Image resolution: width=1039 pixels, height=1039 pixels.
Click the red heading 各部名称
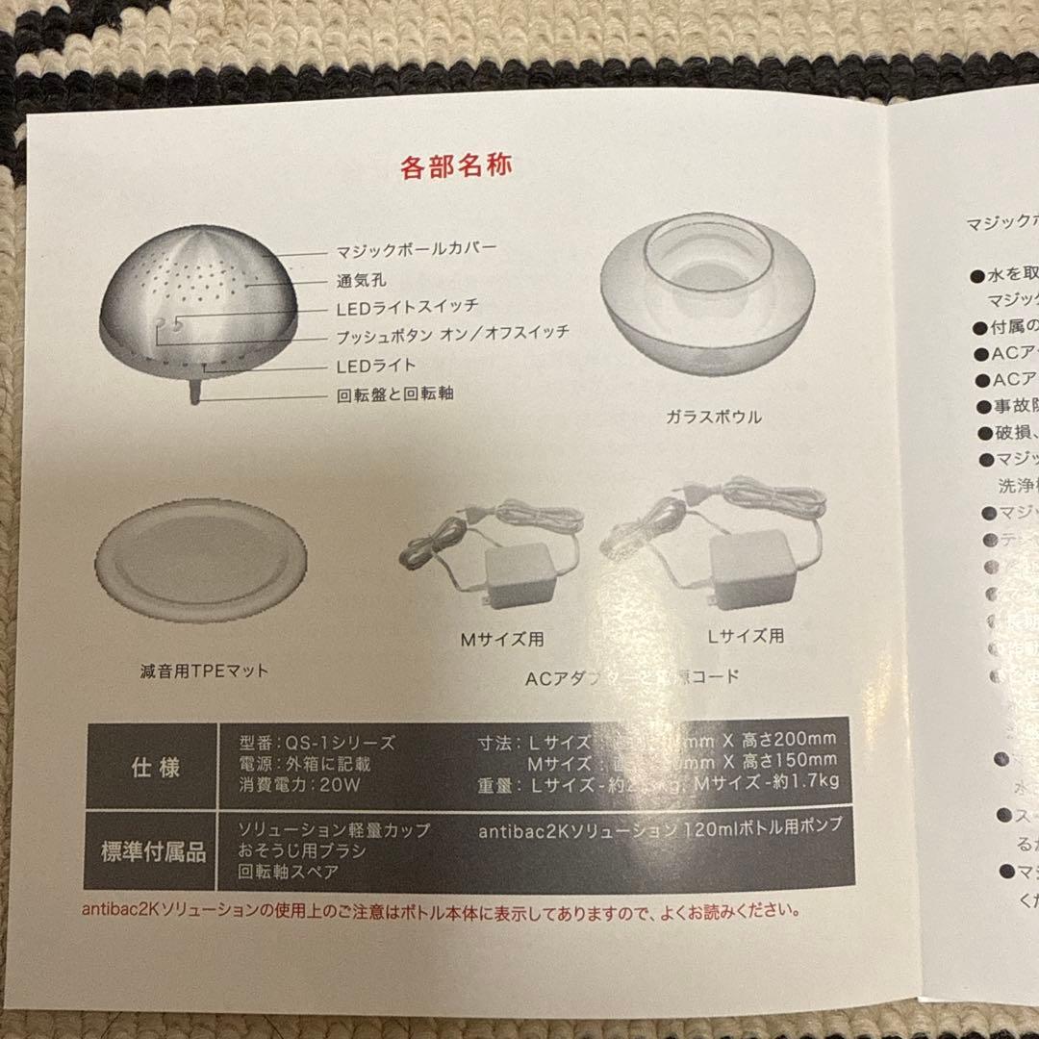[455, 165]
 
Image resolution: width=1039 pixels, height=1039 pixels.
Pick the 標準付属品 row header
[153, 850]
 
